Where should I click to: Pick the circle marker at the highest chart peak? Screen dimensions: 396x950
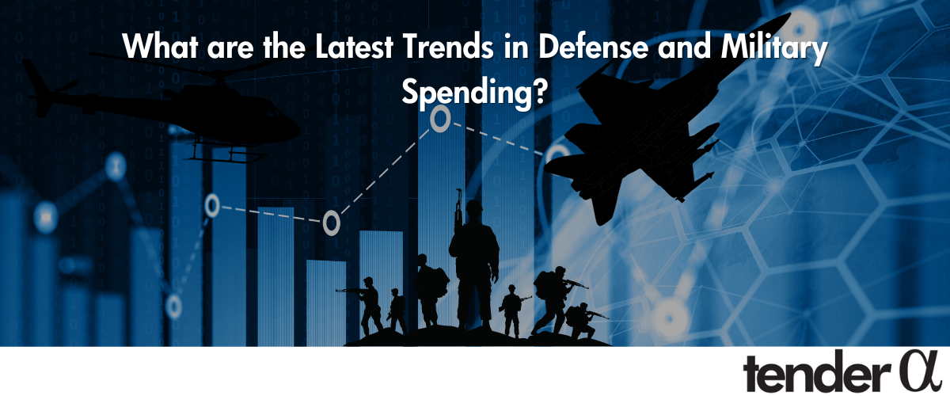440,119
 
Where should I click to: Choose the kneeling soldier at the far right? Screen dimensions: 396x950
584,321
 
